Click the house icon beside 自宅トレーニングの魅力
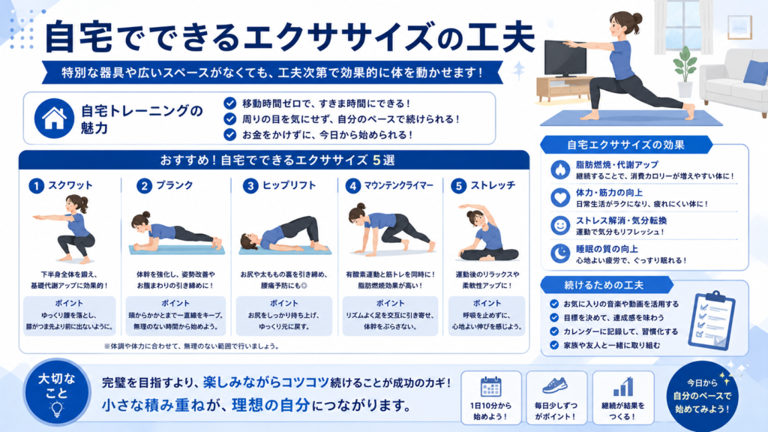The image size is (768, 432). click(x=54, y=118)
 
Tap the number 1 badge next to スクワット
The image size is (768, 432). click(x=36, y=186)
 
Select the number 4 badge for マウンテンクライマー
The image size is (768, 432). click(x=352, y=186)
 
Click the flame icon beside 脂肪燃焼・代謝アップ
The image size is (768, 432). click(x=559, y=169)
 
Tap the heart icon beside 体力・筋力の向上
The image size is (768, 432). click(x=559, y=197)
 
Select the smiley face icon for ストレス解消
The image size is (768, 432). click(x=559, y=225)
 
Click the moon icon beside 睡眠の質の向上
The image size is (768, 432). click(x=559, y=253)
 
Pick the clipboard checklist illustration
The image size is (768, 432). click(x=712, y=320)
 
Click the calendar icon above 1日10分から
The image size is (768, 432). click(x=490, y=387)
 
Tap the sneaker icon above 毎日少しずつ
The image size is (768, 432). click(x=556, y=386)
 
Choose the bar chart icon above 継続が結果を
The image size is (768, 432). click(x=623, y=386)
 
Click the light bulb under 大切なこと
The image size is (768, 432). click(x=57, y=409)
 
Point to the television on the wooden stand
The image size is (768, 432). click(x=565, y=58)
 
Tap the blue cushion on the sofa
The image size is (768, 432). click(x=756, y=72)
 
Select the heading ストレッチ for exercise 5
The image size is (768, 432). click(x=493, y=185)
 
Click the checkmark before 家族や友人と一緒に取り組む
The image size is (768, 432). click(x=554, y=345)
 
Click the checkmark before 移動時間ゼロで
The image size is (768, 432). click(x=229, y=103)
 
